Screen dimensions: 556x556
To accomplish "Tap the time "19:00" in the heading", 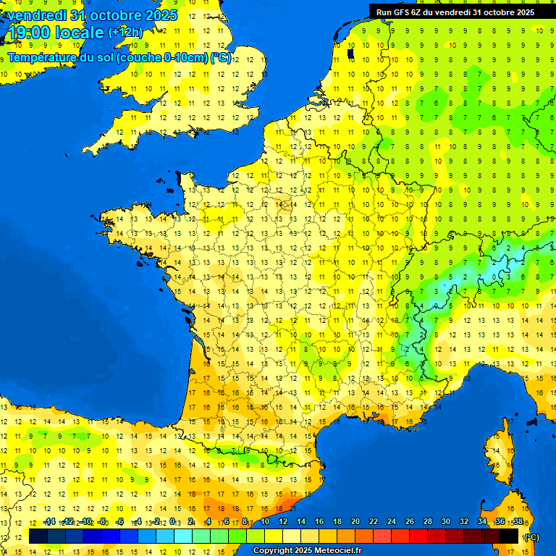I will point(29,33).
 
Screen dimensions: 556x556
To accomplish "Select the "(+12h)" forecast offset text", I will point(125,33).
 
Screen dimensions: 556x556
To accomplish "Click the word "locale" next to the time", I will point(80,33).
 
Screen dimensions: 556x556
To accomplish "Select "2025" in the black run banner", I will point(521,12).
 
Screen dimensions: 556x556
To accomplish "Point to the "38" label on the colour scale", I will point(518,521).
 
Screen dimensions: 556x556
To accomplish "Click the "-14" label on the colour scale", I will point(49,521).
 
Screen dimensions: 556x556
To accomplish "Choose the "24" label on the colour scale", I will point(392,521).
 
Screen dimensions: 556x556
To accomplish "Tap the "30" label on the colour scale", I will point(445,521).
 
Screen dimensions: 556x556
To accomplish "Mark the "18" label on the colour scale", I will point(337,521).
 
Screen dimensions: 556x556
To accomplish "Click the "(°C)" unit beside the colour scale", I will point(531,536).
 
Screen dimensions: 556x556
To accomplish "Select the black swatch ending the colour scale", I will point(509,536).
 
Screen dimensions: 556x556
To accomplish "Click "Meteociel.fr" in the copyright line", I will point(337,551).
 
